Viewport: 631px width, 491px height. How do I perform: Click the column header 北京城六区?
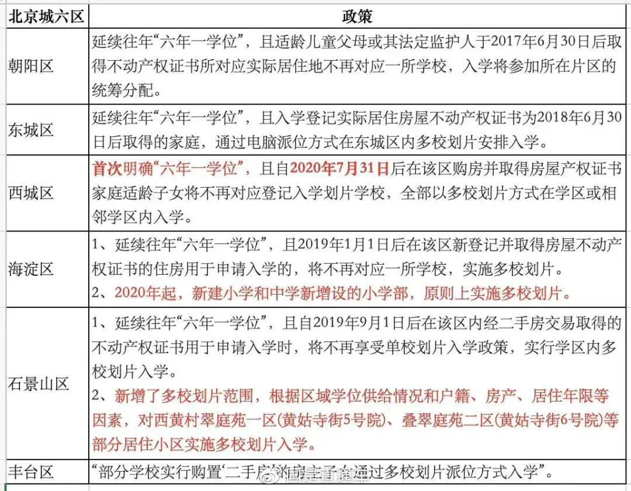[x=46, y=16]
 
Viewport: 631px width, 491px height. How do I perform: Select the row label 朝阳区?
[x=31, y=66]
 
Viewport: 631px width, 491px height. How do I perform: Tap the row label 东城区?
[x=31, y=130]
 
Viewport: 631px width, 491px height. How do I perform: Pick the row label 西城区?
[x=31, y=193]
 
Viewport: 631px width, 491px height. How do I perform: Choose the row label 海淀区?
[x=31, y=268]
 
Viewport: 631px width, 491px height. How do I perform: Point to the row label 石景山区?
[x=39, y=383]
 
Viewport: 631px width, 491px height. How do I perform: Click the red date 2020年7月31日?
[x=340, y=169]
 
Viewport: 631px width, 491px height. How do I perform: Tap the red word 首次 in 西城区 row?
[x=106, y=169]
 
